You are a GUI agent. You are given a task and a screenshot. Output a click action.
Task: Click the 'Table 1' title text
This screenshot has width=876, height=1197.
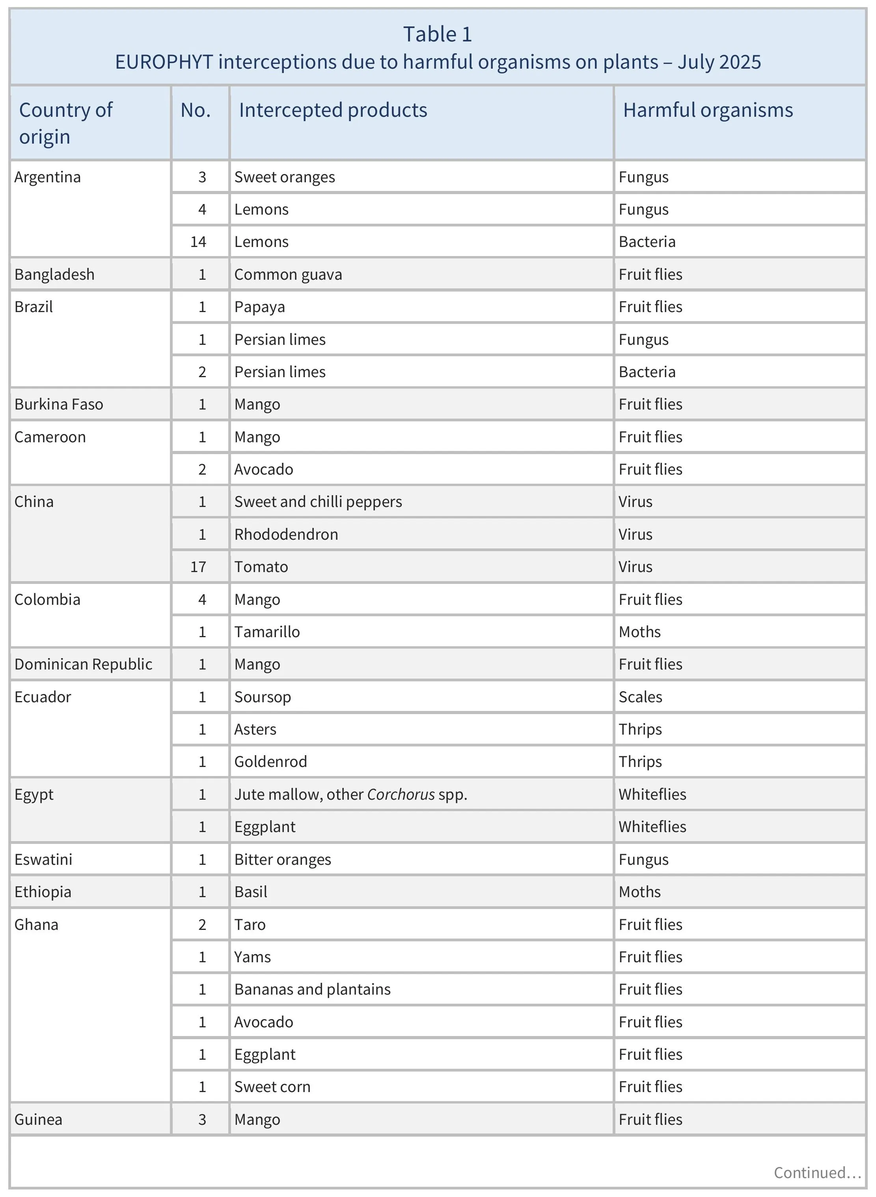pos(438,34)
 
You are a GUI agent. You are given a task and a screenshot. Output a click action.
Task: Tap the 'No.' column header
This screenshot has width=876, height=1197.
pos(196,110)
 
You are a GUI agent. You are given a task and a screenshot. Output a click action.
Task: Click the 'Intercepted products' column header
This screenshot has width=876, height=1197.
pos(333,110)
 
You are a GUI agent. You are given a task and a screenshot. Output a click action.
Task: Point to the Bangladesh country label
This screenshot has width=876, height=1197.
pos(55,274)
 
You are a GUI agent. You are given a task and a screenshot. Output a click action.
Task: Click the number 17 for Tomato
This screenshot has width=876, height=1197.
pos(198,567)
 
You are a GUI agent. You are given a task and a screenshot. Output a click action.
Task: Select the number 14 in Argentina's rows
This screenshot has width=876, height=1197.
pos(198,242)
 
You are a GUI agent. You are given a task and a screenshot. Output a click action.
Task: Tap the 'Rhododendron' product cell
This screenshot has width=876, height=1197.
pos(286,534)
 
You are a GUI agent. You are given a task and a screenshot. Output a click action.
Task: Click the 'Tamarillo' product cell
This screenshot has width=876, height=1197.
pos(267,632)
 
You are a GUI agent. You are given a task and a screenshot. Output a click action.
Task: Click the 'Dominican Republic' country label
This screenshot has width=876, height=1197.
pos(83,664)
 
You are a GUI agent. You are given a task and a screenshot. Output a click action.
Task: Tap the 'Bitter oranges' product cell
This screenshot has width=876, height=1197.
pos(283,860)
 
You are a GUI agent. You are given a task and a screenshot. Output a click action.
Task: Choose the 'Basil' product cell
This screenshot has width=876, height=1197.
pos(250,892)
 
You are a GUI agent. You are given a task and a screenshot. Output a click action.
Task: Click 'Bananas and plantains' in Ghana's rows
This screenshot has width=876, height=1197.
pos(312,989)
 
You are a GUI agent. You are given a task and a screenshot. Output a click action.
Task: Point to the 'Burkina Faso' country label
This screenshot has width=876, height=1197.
pos(59,404)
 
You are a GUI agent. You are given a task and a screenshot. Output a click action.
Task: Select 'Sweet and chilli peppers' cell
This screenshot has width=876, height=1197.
pos(318,502)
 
